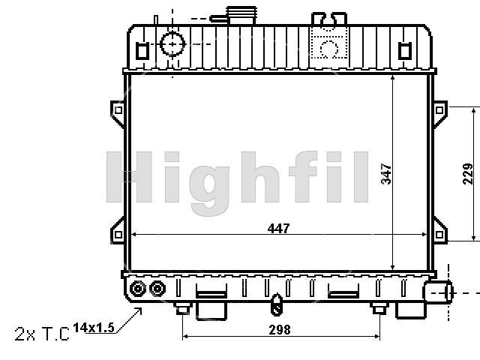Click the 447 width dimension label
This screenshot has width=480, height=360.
point(278,228)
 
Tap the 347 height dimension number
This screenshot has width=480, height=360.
point(386,174)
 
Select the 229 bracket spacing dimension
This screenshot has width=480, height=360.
point(467,173)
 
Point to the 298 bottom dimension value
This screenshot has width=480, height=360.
point(280,330)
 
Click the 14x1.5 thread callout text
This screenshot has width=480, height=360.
point(94,328)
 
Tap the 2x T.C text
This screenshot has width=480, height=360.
point(42,334)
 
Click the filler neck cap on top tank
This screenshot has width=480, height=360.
point(241,15)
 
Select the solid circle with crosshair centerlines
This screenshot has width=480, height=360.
point(172,44)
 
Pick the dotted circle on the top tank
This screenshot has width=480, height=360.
point(329,48)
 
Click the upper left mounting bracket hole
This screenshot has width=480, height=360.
point(118,110)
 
